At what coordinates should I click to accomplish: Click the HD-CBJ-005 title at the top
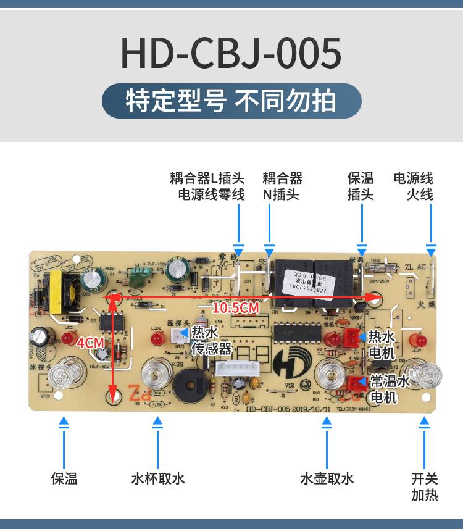(231, 53)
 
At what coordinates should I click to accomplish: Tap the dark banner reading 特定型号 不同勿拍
(231, 101)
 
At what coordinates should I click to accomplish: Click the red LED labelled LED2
(156, 339)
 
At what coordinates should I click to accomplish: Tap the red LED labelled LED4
(423, 341)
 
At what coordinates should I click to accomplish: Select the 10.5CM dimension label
(235, 307)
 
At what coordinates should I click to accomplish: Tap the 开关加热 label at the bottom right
(425, 486)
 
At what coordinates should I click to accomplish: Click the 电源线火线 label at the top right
(414, 186)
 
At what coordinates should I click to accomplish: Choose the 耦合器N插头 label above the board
(282, 186)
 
